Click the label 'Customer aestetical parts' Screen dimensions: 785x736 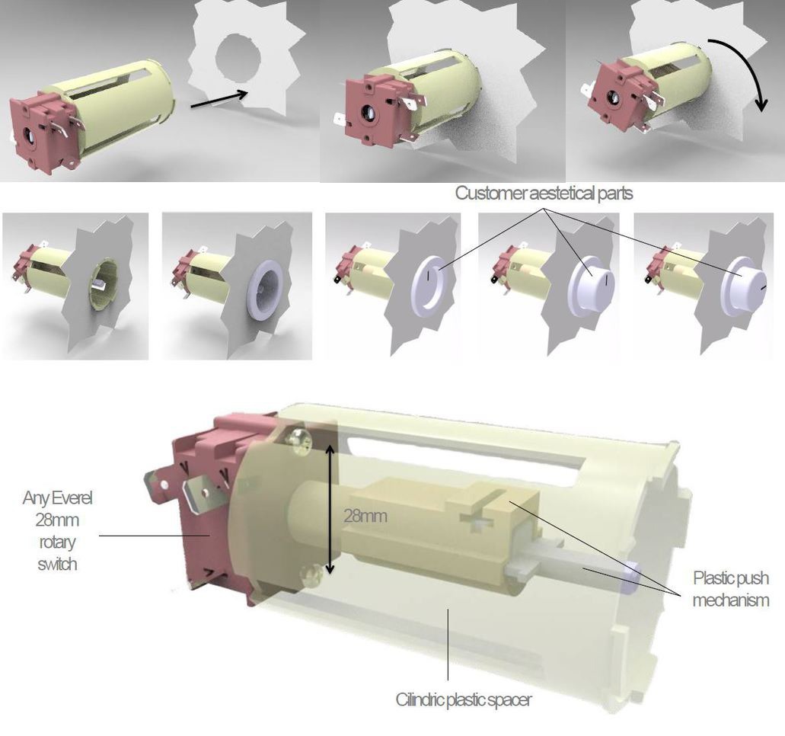coord(544,194)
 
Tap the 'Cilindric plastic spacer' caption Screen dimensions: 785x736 coord(463,699)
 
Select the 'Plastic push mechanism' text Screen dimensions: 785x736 coord(731,589)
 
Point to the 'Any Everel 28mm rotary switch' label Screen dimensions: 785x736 coord(57,531)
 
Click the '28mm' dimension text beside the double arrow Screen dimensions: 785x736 coord(365,516)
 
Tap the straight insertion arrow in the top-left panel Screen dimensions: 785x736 coord(219,98)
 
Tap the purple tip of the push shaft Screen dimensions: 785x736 coord(631,579)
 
